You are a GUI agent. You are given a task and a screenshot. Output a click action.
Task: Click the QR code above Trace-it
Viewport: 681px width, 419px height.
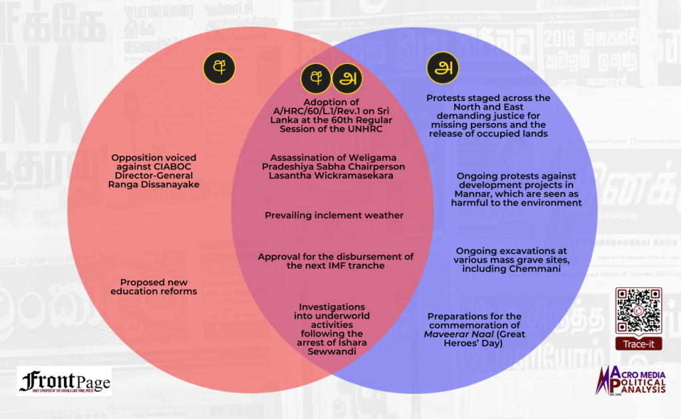click(x=638, y=310)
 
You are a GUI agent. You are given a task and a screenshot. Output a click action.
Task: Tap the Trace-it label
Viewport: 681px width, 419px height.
click(x=638, y=344)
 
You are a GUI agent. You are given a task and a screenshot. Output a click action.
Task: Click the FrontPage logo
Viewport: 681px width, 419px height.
click(x=65, y=381)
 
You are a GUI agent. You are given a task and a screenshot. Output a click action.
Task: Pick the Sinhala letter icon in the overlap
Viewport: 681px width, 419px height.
click(x=316, y=78)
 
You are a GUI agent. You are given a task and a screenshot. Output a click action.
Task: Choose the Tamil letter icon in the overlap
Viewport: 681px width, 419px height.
click(x=346, y=78)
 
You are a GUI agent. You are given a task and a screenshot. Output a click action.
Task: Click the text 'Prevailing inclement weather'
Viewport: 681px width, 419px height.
click(x=334, y=215)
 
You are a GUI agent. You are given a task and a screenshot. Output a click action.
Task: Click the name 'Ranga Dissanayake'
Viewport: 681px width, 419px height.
click(x=154, y=184)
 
